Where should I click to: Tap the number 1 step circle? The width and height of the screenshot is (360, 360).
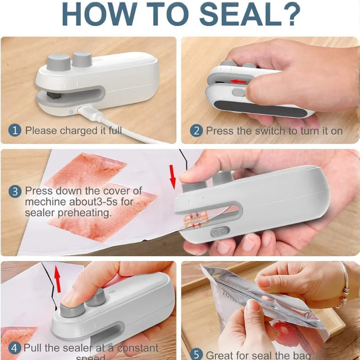click(x=16, y=131)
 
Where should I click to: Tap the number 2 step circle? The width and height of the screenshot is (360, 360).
click(x=196, y=131)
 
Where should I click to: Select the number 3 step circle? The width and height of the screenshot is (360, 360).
click(x=15, y=191)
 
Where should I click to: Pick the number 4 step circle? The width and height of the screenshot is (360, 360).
click(x=15, y=348)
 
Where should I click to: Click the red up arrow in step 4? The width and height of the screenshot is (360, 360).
click(x=57, y=277)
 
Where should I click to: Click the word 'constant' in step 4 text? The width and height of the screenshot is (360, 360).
click(x=138, y=348)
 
